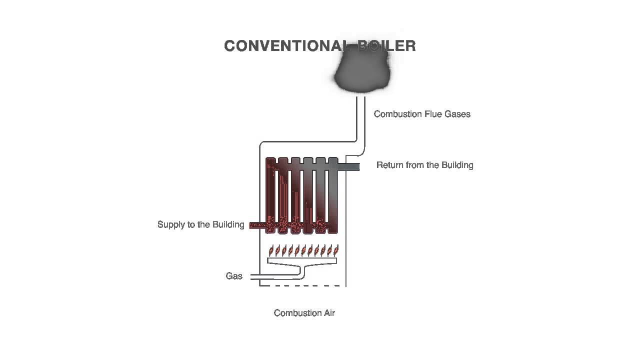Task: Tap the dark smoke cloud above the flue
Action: tap(361, 72)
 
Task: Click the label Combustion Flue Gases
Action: tap(422, 114)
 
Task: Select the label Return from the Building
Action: tap(424, 165)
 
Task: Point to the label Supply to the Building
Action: tap(200, 224)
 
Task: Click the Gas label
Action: tap(234, 276)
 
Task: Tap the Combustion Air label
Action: tap(304, 313)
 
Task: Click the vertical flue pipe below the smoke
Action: tap(361, 120)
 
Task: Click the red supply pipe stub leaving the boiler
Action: tap(257, 225)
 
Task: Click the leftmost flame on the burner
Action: tap(271, 250)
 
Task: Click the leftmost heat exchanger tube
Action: tap(271, 195)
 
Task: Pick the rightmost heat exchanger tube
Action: tap(332, 195)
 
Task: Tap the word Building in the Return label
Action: tap(455, 165)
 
